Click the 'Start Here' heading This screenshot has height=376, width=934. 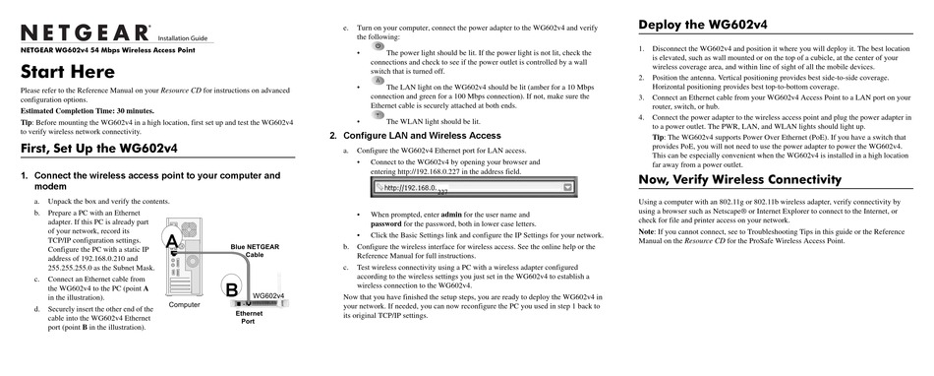(x=68, y=73)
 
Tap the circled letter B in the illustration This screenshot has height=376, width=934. (x=231, y=288)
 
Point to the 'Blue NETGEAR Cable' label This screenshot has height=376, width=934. (x=255, y=250)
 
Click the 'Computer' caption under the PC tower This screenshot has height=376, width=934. (x=185, y=305)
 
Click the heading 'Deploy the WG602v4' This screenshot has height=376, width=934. (x=703, y=25)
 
